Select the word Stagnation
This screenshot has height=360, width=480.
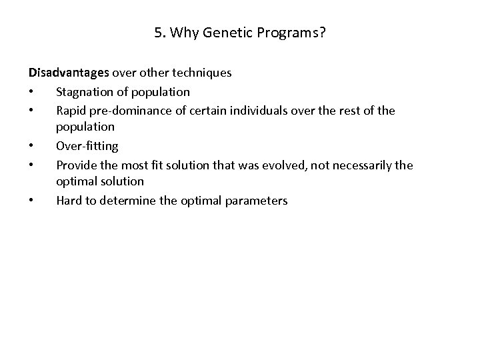pyautogui.click(x=84, y=91)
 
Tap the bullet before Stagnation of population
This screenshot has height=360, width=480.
pyautogui.click(x=31, y=92)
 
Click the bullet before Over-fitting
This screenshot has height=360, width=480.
pyautogui.click(x=31, y=146)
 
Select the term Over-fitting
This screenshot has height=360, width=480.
pyautogui.click(x=87, y=145)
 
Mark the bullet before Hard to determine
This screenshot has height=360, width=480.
pyautogui.click(x=31, y=201)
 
